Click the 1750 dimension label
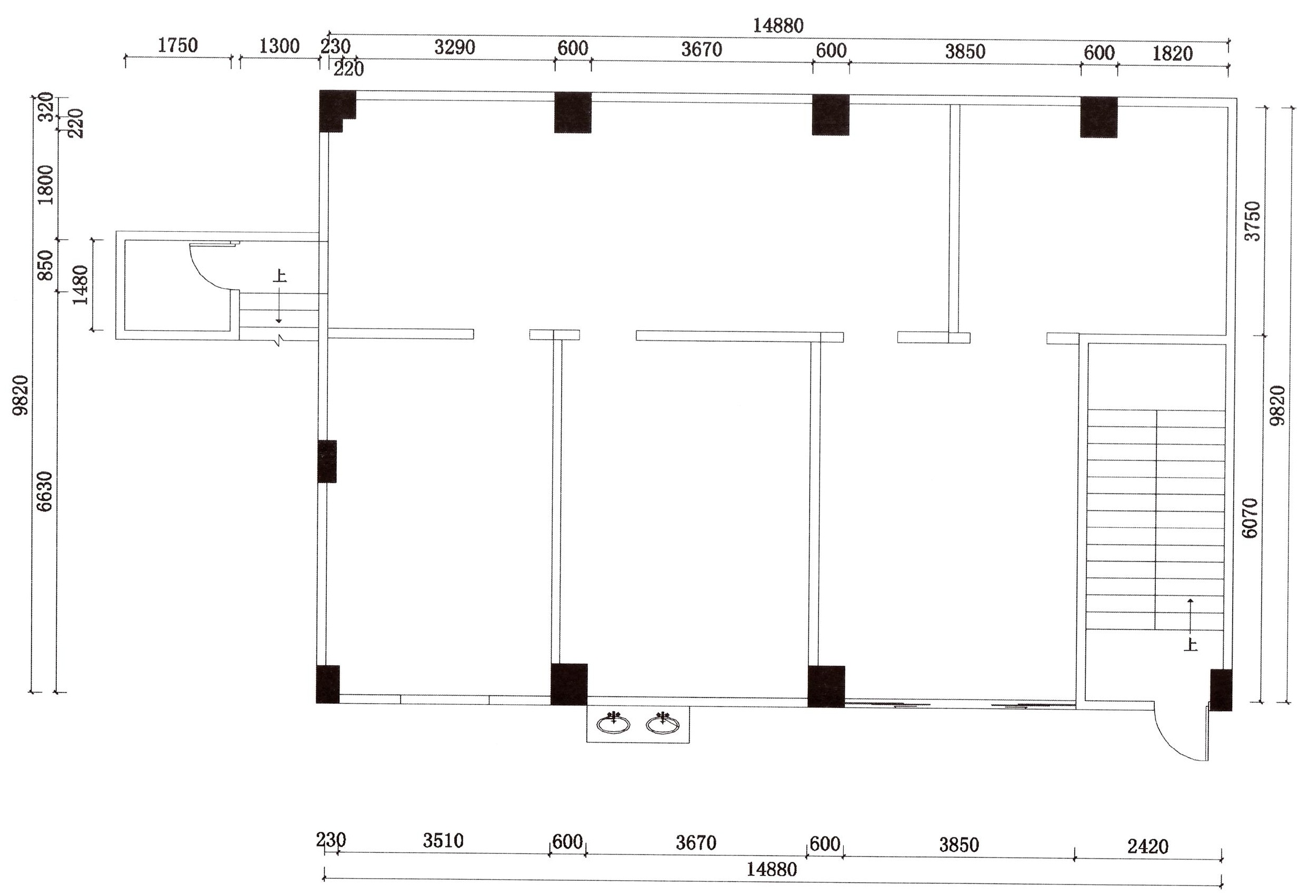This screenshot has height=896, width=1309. (177, 45)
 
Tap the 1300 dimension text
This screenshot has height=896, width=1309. (279, 46)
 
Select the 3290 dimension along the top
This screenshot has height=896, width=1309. (455, 47)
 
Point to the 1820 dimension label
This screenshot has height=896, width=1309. (1173, 54)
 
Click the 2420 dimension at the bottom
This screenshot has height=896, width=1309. (1148, 846)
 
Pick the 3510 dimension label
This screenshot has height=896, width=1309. (443, 841)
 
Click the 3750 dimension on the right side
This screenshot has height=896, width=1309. (1252, 221)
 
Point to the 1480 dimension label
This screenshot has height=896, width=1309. (81, 285)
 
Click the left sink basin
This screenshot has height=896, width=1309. (613, 724)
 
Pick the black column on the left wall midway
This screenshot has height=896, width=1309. (327, 461)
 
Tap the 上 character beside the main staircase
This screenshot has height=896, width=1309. (1191, 644)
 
